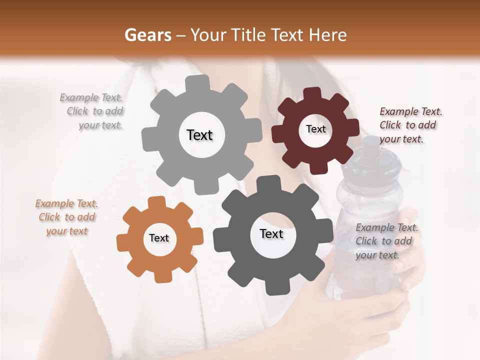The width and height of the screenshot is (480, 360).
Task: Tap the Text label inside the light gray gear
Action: pyautogui.click(x=199, y=135)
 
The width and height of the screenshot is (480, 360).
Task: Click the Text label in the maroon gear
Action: pyautogui.click(x=315, y=129)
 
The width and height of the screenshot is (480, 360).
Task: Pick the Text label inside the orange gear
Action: pyautogui.click(x=159, y=238)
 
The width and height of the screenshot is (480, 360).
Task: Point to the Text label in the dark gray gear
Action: pyautogui.click(x=271, y=233)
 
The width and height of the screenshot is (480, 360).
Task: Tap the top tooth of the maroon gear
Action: pyautogui.click(x=312, y=94)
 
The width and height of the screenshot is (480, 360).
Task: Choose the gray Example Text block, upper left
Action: pyautogui.click(x=92, y=111)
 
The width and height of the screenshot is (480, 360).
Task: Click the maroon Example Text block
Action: pyautogui.click(x=410, y=125)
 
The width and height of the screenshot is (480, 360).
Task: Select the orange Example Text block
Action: pyautogui.click(x=66, y=217)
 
